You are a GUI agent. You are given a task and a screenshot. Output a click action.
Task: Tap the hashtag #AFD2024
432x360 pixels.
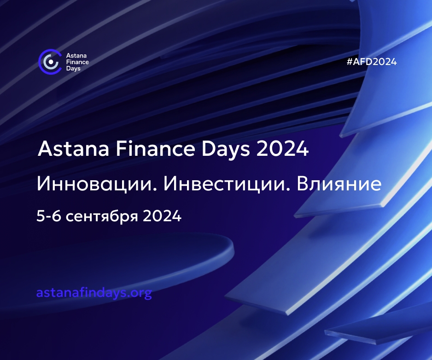click(x=372, y=62)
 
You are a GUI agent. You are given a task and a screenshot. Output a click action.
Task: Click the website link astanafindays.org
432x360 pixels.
click(x=94, y=292)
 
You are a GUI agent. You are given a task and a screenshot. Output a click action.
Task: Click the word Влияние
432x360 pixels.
click(x=339, y=183)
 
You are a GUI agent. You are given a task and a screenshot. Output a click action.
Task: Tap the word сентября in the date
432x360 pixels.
click(x=102, y=216)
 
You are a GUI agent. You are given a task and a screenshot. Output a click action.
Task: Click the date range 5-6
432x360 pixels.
click(x=49, y=216)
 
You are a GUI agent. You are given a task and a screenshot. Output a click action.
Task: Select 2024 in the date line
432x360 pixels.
click(x=162, y=216)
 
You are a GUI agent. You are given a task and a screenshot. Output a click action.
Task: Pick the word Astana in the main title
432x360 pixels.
click(x=74, y=148)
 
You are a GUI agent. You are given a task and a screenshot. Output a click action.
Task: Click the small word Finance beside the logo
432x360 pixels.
click(x=77, y=62)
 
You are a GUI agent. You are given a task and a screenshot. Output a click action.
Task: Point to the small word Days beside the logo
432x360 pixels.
click(x=73, y=69)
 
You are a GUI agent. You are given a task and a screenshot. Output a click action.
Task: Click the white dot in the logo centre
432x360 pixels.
click(x=51, y=62)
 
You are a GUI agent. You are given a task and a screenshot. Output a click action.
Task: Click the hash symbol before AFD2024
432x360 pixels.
click(x=350, y=62)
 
